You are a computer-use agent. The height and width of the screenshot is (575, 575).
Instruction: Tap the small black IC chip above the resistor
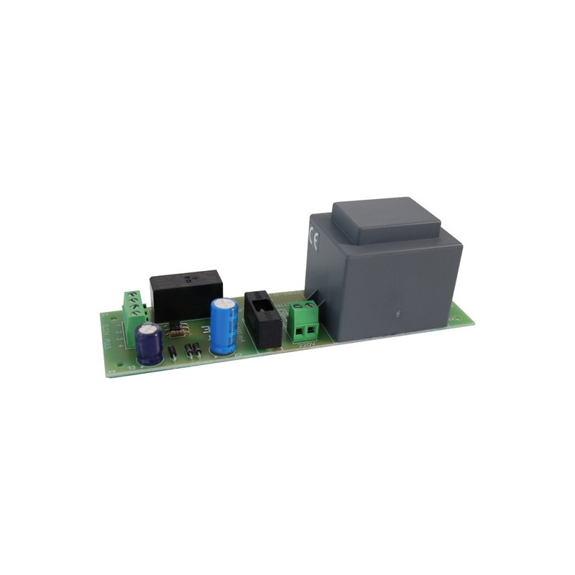click(175, 327)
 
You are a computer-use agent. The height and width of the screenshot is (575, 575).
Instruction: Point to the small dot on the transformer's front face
click(397, 314)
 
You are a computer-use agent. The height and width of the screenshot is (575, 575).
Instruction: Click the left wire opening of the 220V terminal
click(298, 331)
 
